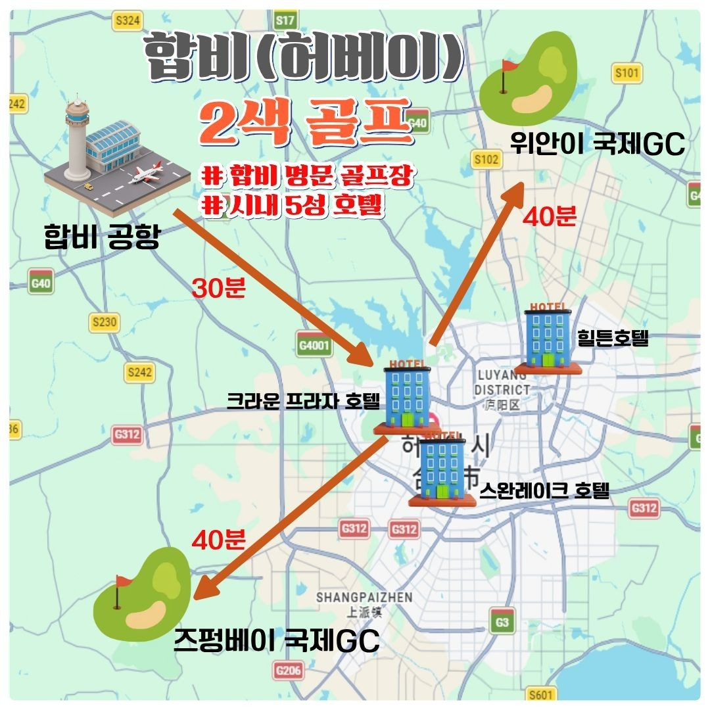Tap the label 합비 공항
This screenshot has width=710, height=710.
tap(102, 236)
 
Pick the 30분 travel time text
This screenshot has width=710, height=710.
tap(218, 288)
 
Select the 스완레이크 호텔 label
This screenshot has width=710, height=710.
tap(544, 490)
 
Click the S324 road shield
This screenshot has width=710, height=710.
tap(128, 22)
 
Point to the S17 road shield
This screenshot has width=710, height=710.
tap(285, 20)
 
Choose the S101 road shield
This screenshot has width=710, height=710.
tap(626, 73)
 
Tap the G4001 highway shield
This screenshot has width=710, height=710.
tap(314, 346)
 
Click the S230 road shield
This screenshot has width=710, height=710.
tap(105, 322)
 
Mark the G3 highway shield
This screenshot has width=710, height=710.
tap(503, 621)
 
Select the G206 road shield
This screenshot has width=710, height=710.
tap(289, 671)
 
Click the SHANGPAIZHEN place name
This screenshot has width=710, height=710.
tap(364, 597)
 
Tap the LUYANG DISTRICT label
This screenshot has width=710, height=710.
tap(503, 383)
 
